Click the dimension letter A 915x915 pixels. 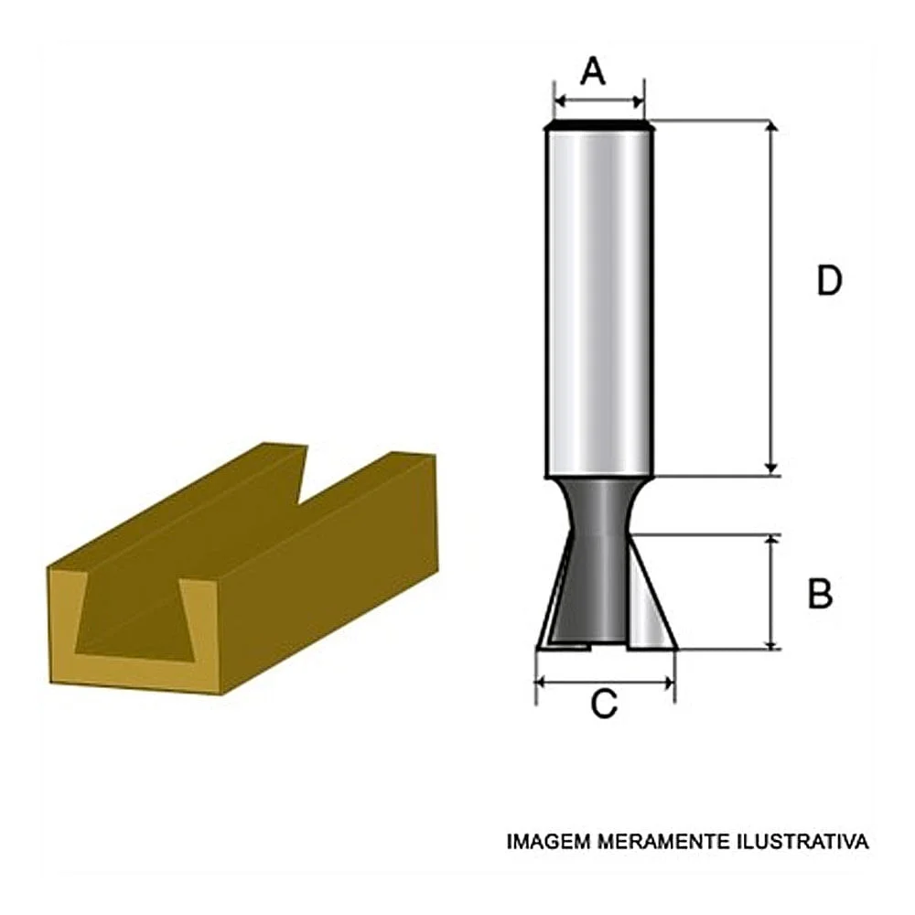point(594,70)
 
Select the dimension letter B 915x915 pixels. point(820,594)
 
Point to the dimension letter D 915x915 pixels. point(828,282)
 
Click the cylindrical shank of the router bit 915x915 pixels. point(599,302)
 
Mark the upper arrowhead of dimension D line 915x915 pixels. point(773,128)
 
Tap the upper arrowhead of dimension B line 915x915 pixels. point(773,542)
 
